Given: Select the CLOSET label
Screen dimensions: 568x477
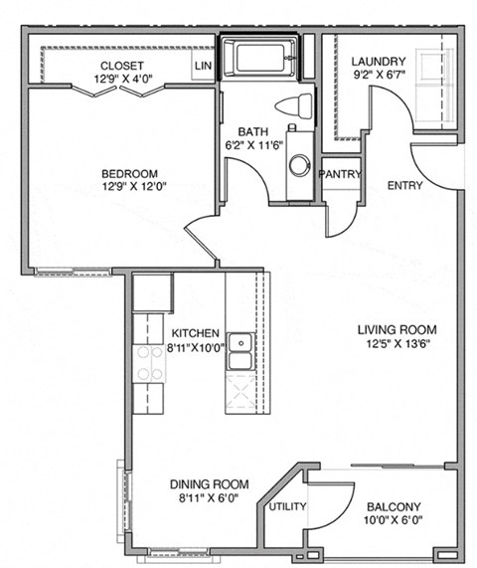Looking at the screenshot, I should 121,66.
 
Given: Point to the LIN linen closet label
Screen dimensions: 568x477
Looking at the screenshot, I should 204,67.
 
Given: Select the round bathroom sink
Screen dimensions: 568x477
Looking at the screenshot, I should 298,163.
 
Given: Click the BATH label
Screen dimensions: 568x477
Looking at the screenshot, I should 251,131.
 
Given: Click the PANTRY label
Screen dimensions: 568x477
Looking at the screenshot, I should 339,174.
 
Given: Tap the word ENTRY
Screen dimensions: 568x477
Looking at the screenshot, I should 404,185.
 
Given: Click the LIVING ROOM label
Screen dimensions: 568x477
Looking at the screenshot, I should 397,329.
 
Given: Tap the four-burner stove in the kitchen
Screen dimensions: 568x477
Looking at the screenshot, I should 149,363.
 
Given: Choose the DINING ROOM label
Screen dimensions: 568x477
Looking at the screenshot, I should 207,484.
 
